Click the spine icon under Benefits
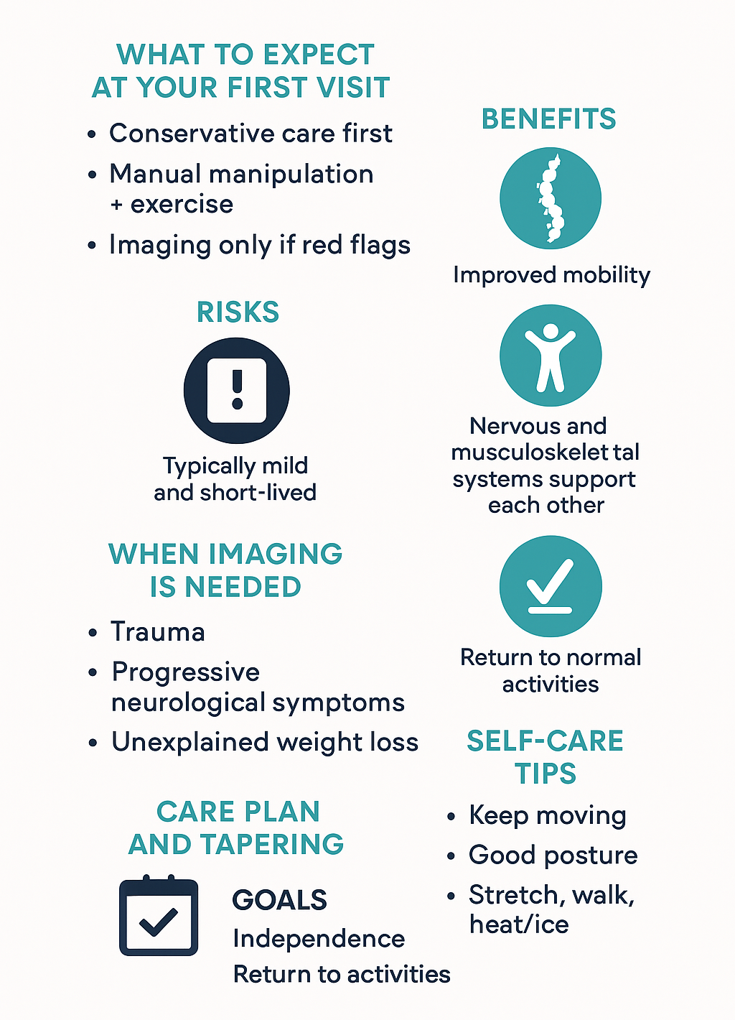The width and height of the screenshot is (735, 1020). (x=551, y=198)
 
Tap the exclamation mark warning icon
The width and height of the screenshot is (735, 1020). (x=237, y=391)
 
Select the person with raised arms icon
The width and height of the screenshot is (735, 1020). (x=551, y=356)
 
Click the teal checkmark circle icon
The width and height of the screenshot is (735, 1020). (x=551, y=586)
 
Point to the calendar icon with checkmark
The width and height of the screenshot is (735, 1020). (x=159, y=917)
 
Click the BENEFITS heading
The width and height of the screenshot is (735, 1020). (x=548, y=119)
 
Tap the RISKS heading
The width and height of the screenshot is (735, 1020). (x=238, y=312)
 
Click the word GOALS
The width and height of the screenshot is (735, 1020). (x=279, y=900)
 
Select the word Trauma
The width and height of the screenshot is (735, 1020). (x=158, y=632)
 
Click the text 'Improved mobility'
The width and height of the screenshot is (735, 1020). (x=551, y=275)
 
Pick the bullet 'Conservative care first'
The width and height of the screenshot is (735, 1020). (x=251, y=134)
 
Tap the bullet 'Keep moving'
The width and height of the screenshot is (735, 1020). (x=547, y=816)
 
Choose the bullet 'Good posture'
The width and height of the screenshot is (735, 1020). (x=553, y=856)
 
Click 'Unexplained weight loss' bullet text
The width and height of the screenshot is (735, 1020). (x=265, y=742)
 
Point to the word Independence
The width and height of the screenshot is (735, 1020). (x=319, y=939)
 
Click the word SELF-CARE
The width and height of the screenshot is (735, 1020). (x=545, y=741)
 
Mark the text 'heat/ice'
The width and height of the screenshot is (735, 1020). (x=519, y=924)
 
